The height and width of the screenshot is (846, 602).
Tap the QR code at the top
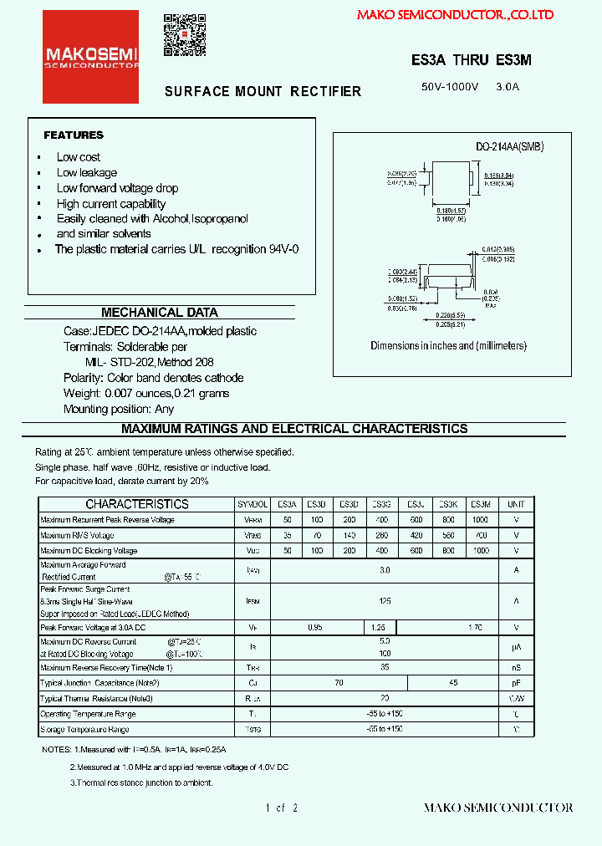pos(184,35)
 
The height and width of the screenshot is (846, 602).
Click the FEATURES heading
pos(74,135)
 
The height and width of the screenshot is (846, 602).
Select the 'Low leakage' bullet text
pos(87,172)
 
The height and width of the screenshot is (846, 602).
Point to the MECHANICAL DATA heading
pos(159,313)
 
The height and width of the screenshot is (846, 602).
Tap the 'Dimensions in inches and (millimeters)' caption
pos(449,345)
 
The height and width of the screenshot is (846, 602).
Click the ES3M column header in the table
pos(480,504)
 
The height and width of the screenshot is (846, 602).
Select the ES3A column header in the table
pos(287,504)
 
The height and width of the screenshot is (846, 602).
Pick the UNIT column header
pos(516,504)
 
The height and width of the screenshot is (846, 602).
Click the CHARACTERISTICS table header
pos(137,504)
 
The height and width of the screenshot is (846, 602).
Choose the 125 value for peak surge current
pos(385,600)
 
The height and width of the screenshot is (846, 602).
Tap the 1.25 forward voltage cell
pos(379,627)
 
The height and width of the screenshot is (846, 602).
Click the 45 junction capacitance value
pos(452,682)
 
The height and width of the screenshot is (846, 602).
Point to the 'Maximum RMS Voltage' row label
pos(77,535)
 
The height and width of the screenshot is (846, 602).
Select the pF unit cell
pos(516,682)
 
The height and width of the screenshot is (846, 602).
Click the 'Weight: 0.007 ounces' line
pos(146,393)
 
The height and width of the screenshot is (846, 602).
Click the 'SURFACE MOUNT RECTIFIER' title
pos(263,91)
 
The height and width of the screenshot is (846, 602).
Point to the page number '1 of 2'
pos(282,808)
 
